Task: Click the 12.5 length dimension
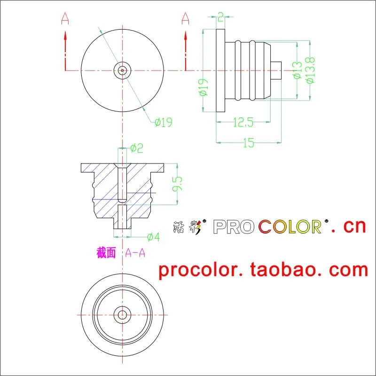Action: (x=243, y=123)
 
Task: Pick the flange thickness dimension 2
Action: (x=221, y=18)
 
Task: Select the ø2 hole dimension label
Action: (x=136, y=149)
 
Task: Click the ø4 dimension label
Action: (x=153, y=237)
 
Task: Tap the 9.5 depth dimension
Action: (x=177, y=184)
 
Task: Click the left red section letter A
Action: (x=65, y=19)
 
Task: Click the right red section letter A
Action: (x=185, y=19)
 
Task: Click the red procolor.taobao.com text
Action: (x=263, y=270)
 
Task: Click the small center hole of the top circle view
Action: (x=122, y=70)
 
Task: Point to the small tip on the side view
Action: (x=276, y=70)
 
